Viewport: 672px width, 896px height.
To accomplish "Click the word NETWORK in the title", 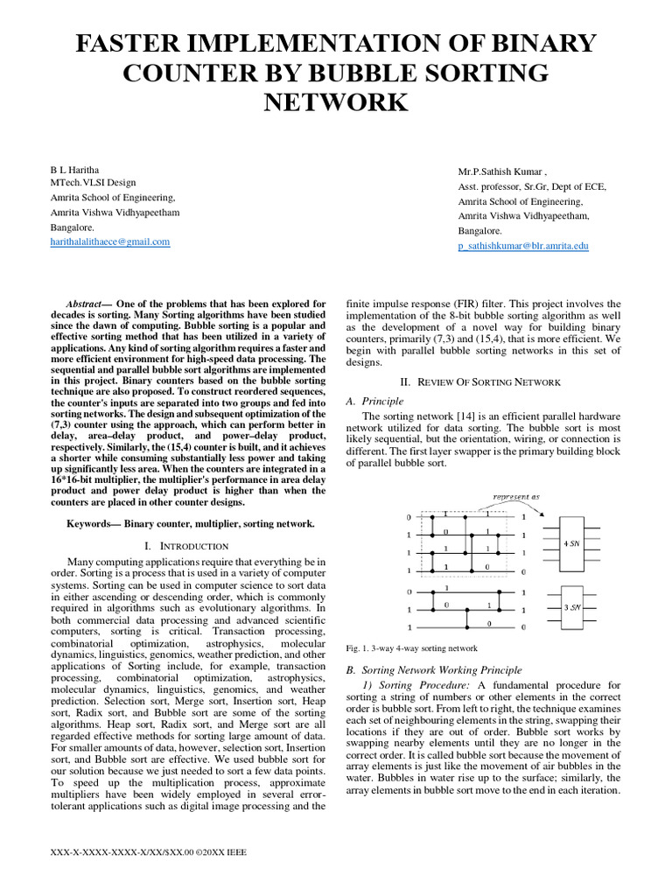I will (336, 102).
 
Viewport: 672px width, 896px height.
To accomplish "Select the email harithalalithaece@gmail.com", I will (109, 241).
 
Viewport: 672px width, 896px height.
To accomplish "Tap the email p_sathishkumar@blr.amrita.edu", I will (523, 246).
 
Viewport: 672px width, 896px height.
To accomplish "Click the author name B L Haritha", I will (73, 166).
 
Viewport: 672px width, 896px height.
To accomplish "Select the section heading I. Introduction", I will (185, 545).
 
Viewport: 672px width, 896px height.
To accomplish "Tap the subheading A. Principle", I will (375, 400).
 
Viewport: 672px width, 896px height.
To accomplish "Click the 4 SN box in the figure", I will (572, 543).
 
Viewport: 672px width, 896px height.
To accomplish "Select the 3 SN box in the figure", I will (572, 605).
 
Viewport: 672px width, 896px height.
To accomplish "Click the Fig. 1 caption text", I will (412, 648).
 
